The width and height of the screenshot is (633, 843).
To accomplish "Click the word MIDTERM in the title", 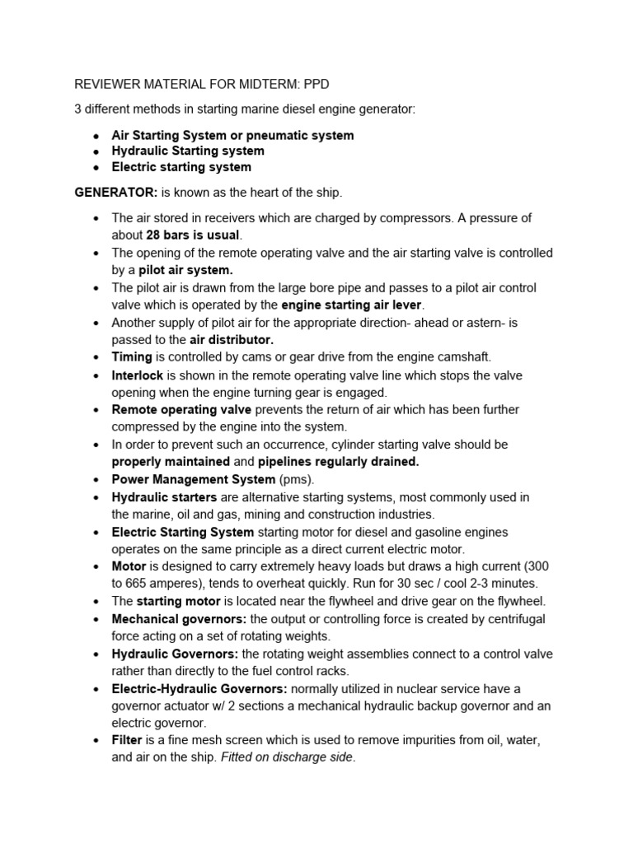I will coord(240,84).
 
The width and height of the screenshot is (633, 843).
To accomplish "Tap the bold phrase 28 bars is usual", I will coord(192,235).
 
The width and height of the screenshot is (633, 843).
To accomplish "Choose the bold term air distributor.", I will coord(232,339).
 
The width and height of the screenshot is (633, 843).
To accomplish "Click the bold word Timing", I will coord(132,356).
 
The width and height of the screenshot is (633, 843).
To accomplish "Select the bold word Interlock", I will coord(138,375).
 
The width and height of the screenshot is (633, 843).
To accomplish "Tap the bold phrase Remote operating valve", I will coord(181,409).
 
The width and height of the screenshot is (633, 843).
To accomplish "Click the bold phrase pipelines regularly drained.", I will coord(339,462).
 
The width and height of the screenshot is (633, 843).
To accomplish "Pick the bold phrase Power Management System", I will coord(194,479).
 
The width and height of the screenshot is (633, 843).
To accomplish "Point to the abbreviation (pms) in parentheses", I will coord(298,479).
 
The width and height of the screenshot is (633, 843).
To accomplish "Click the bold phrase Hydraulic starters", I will coord(164,497).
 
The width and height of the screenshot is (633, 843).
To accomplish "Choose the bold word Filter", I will coord(127,741).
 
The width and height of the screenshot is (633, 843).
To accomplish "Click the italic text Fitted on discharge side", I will coord(288,758).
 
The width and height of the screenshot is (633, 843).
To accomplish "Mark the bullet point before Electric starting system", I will coord(97,167).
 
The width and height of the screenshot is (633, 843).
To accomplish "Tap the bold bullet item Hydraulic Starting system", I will coord(188,151).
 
